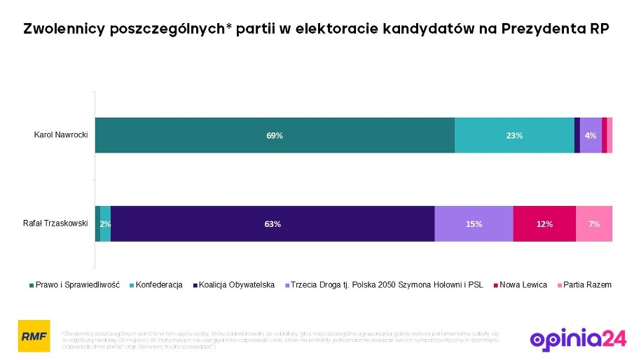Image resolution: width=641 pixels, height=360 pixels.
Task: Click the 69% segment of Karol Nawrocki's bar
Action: (x=275, y=135)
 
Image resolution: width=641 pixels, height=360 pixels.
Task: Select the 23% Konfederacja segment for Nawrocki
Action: (x=514, y=135)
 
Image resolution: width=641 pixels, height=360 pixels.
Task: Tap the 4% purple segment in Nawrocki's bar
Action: (x=591, y=135)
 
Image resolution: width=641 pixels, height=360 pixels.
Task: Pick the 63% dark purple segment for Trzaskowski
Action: (x=273, y=224)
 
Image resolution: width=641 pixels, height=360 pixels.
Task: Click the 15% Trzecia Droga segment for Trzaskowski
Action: (x=474, y=224)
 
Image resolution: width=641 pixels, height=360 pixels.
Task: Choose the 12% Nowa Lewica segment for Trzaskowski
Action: (x=544, y=224)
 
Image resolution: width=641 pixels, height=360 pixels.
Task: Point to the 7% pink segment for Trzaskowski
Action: (x=594, y=224)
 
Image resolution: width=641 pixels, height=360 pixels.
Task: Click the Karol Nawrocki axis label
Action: (x=61, y=134)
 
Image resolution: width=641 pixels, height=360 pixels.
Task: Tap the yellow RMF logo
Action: (x=34, y=335)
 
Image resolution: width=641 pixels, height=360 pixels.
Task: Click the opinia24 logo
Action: (x=578, y=338)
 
